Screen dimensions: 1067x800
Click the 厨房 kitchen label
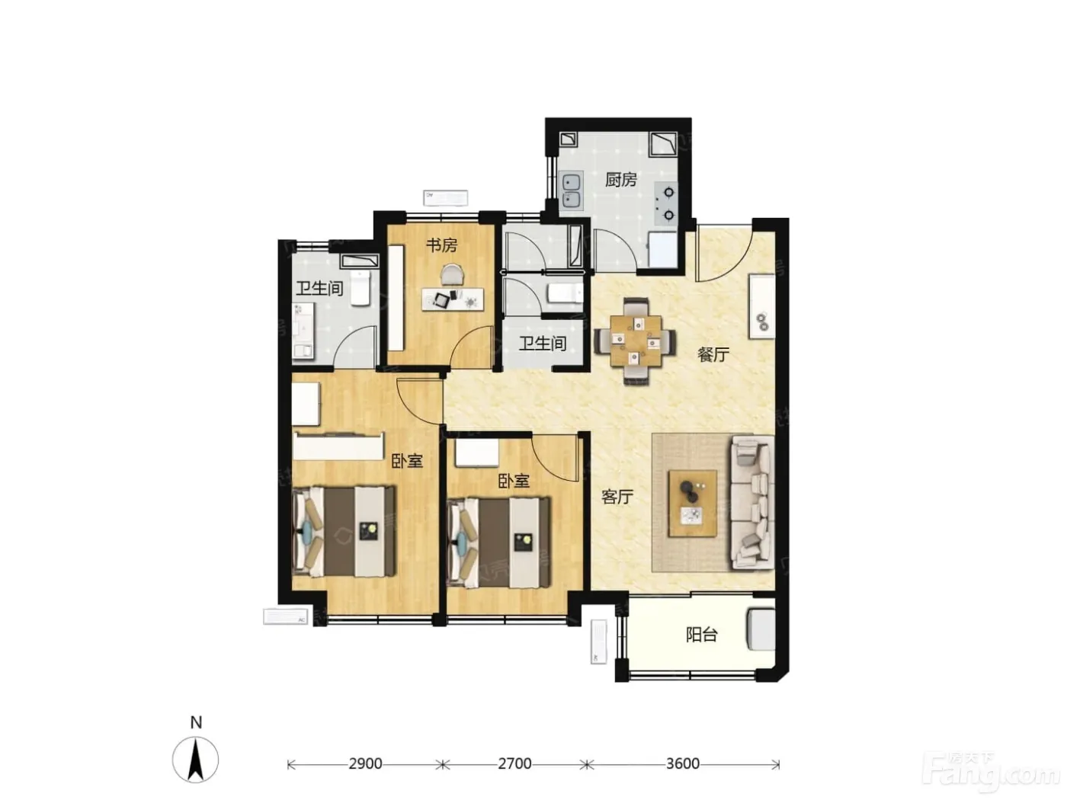(620, 180)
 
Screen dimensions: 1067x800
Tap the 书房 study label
(441, 245)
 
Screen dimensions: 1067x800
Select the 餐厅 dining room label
(713, 354)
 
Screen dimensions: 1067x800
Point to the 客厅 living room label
(617, 497)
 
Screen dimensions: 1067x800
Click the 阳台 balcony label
(701, 635)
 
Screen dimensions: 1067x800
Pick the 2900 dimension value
(365, 764)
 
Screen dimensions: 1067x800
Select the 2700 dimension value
(514, 764)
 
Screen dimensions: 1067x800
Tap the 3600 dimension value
(682, 764)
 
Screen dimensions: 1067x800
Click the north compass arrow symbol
(195, 759)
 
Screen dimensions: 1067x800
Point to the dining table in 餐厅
(636, 341)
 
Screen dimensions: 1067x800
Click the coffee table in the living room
(693, 503)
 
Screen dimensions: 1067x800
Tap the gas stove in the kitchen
(666, 204)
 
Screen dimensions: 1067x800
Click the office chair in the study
(453, 274)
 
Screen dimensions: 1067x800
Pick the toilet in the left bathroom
(360, 289)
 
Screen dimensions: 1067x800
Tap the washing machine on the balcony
(761, 629)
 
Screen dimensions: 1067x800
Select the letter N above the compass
(196, 723)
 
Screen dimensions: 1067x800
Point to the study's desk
(453, 299)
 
